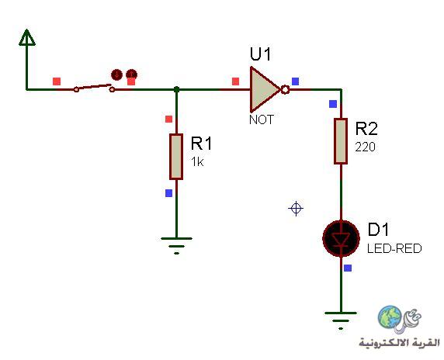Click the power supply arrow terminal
pyautogui.click(x=27, y=38)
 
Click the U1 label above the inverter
pyautogui.click(x=260, y=54)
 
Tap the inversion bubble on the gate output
pyautogui.click(x=285, y=90)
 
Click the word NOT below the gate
pyautogui.click(x=262, y=119)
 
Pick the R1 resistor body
pyautogui.click(x=176, y=157)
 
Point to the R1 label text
pyautogui.click(x=201, y=144)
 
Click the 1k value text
pyautogui.click(x=197, y=162)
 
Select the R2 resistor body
pyautogui.click(x=341, y=141)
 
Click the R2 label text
pyautogui.click(x=366, y=129)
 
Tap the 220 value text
pyautogui.click(x=366, y=147)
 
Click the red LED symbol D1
pyautogui.click(x=342, y=239)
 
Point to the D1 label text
pyautogui.click(x=378, y=229)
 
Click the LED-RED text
pyautogui.click(x=394, y=248)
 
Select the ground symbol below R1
pyautogui.click(x=176, y=246)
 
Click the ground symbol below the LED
pyautogui.click(x=341, y=320)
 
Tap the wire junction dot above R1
pyautogui.click(x=176, y=89)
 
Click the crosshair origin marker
pyautogui.click(x=296, y=209)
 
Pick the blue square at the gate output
pyautogui.click(x=295, y=81)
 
